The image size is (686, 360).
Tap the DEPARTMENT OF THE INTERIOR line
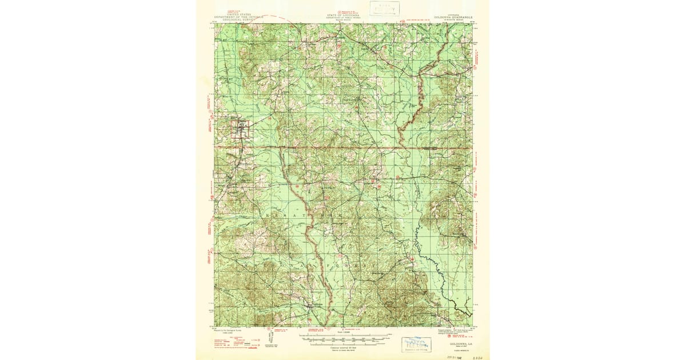(239, 17)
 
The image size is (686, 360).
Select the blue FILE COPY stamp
(416, 343)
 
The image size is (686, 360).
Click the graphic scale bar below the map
(343, 338)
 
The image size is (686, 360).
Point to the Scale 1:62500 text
(343, 333)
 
